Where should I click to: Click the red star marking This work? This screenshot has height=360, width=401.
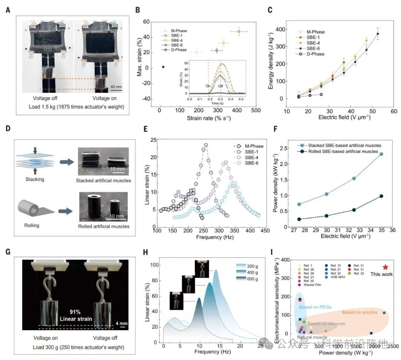(385, 267)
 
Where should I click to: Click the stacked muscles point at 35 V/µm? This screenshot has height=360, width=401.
(381, 154)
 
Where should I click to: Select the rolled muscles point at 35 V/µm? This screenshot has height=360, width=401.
(381, 196)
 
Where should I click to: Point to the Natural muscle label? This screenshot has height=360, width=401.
(312, 337)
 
